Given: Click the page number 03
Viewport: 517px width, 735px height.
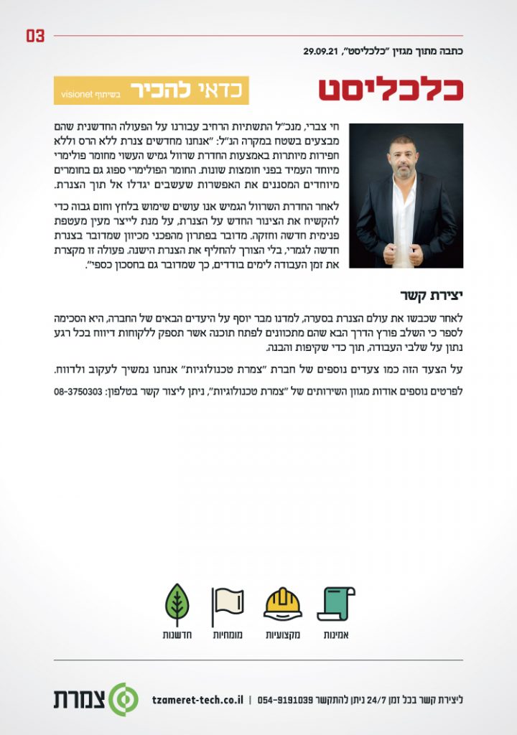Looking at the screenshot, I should [x=35, y=36].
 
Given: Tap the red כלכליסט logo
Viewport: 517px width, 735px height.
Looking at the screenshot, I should [x=391, y=89].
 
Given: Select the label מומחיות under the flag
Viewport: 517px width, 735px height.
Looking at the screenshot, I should [x=229, y=635].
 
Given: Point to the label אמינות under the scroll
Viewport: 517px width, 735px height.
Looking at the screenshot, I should [x=336, y=635].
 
